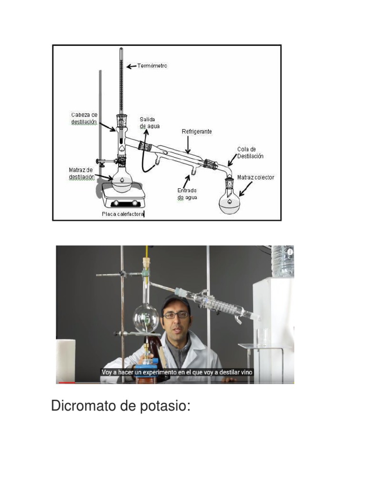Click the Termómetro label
(x=152, y=66)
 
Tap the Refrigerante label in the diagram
(x=197, y=132)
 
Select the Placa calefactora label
(x=122, y=214)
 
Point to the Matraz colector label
(x=255, y=177)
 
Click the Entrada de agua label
(x=187, y=194)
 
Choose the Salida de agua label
(x=149, y=123)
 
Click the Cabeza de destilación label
(x=84, y=119)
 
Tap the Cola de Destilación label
(x=250, y=153)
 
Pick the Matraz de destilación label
(x=81, y=173)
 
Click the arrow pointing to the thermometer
(x=131, y=66)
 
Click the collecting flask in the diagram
(x=230, y=199)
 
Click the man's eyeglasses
(x=175, y=315)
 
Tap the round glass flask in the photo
(x=146, y=318)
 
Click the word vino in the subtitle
(x=246, y=372)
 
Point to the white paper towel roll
(x=66, y=361)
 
